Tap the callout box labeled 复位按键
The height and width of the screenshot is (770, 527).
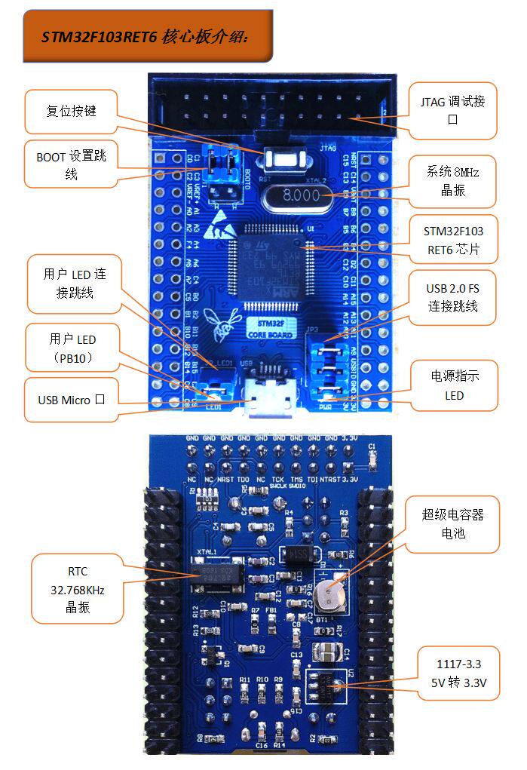[72, 111]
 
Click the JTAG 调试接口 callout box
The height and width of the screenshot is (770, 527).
[452, 110]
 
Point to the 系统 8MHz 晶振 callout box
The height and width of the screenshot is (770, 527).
[453, 181]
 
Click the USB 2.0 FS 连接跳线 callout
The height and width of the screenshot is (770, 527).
[452, 297]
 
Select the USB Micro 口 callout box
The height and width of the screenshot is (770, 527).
[71, 399]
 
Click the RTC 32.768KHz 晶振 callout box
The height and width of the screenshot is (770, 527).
[78, 589]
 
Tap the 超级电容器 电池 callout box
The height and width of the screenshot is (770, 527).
[452, 523]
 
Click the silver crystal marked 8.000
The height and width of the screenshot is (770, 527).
[298, 196]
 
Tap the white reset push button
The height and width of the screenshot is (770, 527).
[283, 160]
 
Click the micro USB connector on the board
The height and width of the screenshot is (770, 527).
[268, 396]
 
